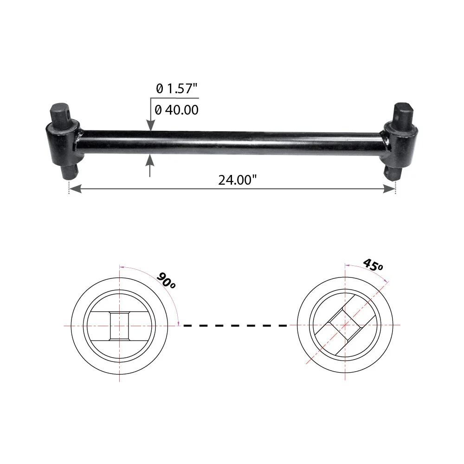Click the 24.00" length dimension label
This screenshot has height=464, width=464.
(x=237, y=180)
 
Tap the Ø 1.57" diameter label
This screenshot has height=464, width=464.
(x=176, y=88)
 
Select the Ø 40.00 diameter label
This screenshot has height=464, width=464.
(x=176, y=110)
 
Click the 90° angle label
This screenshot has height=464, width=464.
(x=166, y=280)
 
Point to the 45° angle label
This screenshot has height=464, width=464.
(x=373, y=264)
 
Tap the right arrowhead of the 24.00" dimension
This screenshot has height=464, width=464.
(x=389, y=188)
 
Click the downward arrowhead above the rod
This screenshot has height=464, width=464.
(x=151, y=125)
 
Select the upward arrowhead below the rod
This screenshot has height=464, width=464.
(x=150, y=160)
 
